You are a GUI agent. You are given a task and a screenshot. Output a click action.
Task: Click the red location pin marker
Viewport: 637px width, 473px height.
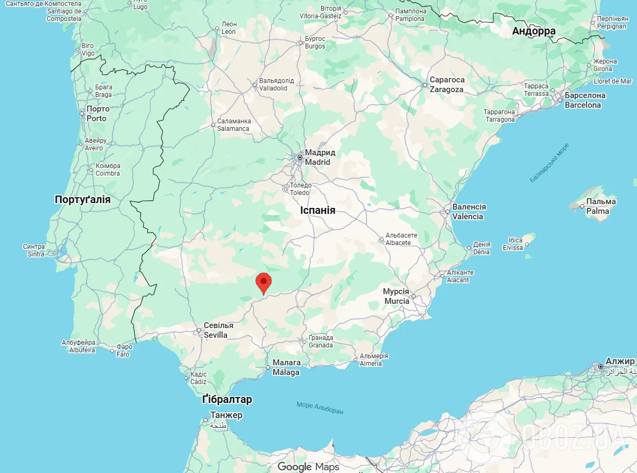[263, 282]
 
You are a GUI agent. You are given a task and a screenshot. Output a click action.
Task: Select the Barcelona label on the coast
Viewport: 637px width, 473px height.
[584, 100]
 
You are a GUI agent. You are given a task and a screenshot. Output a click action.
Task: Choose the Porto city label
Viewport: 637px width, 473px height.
[97, 114]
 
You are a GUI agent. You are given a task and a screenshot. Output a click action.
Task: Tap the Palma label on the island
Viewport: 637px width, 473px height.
[600, 206]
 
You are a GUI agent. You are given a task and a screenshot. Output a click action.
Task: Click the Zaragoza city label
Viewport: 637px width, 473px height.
[447, 85]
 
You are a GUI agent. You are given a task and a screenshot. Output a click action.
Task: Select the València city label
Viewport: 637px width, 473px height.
[468, 212]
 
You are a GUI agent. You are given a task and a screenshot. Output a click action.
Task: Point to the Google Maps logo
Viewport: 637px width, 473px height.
[308, 467]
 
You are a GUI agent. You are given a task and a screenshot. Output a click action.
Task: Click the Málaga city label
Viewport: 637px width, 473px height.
[286, 367]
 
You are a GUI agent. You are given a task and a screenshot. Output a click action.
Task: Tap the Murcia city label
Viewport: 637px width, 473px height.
[397, 296]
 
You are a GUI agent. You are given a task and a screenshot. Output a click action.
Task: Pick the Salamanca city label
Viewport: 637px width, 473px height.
[233, 125]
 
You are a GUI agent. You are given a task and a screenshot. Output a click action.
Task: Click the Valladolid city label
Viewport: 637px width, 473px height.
[277, 84]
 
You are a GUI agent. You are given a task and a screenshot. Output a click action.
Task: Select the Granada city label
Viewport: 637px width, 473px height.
[321, 342]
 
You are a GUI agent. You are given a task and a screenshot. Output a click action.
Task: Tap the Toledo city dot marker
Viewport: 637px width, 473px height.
[286, 189]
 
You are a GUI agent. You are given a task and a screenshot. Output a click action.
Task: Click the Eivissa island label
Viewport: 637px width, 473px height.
[513, 244]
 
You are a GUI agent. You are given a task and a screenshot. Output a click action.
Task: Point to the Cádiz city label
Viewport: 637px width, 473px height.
[198, 378]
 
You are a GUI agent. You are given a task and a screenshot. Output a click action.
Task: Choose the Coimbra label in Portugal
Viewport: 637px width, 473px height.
[108, 170]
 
